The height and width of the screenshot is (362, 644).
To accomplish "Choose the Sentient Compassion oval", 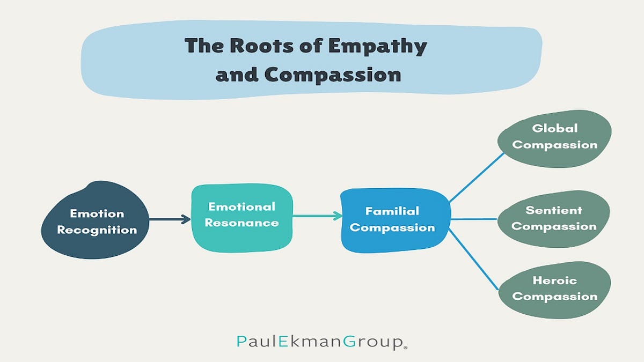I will pyautogui.click(x=553, y=218).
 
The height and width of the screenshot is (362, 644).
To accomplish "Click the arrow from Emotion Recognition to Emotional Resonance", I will pyautogui.click(x=170, y=219).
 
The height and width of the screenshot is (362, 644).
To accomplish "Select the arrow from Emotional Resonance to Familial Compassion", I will pyautogui.click(x=317, y=216).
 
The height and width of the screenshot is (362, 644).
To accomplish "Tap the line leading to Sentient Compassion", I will pyautogui.click(x=474, y=219).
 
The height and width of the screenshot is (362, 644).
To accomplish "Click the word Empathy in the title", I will pyautogui.click(x=377, y=47).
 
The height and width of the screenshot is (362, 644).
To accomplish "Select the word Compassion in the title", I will pyautogui.click(x=333, y=74).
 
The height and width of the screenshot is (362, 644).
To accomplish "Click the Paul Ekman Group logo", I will pyautogui.click(x=322, y=341).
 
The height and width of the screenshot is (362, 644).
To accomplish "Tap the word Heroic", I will pyautogui.click(x=554, y=280).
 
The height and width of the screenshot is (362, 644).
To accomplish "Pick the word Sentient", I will pyautogui.click(x=553, y=210).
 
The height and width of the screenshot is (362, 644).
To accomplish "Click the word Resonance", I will pyautogui.click(x=241, y=223).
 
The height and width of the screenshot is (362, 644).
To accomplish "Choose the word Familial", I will pyautogui.click(x=392, y=211).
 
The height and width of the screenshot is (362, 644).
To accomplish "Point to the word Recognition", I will pyautogui.click(x=97, y=230).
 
